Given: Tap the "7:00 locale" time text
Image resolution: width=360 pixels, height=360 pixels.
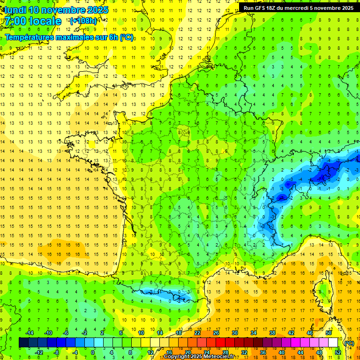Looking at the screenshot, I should pyautogui.click(x=33, y=21).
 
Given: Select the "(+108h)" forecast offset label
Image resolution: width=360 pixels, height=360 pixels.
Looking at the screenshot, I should pyautogui.click(x=83, y=21).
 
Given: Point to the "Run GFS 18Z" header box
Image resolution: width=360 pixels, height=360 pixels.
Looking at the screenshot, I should pyautogui.click(x=299, y=7).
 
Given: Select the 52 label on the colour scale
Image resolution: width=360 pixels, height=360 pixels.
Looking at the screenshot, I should pyautogui.click(x=337, y=352).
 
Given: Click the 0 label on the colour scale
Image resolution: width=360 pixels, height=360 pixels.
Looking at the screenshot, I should pyautogui.click(x=93, y=352).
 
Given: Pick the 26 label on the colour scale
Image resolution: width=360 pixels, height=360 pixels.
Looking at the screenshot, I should pyautogui.click(x=216, y=332).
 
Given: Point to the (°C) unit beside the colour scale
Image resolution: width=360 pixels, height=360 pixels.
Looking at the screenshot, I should pyautogui.click(x=349, y=343).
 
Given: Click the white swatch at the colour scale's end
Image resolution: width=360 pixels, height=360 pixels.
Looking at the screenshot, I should pyautogui.click(x=333, y=343).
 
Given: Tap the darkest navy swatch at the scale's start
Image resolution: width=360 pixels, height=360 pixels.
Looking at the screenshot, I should pyautogui.click(x=23, y=343).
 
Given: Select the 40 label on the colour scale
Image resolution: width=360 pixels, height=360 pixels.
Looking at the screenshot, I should pyautogui.click(x=281, y=352).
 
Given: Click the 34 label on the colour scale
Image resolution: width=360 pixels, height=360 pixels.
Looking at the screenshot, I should pyautogui.click(x=254, y=332).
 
